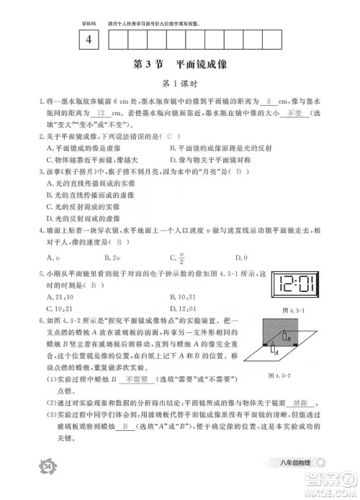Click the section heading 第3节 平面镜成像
coord(180,65)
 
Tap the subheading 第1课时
coord(180,84)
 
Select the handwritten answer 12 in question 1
coord(102,113)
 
